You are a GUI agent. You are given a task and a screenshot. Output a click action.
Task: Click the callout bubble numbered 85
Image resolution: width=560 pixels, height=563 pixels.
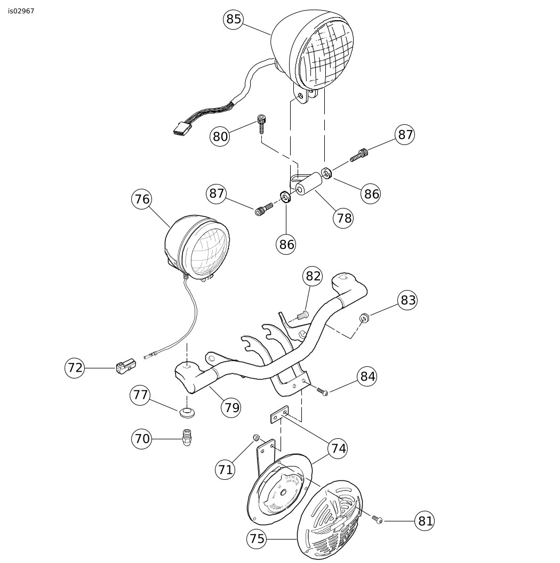pos(234,19)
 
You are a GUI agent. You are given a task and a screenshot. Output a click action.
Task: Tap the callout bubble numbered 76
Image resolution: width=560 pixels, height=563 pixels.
pos(142,199)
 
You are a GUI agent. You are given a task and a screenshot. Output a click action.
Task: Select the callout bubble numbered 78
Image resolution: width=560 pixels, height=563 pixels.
pos(343,218)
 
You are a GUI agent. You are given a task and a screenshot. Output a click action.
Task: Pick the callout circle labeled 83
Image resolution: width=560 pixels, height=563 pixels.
pos(407,300)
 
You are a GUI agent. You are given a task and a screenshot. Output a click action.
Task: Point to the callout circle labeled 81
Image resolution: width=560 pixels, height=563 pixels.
pos(425,521)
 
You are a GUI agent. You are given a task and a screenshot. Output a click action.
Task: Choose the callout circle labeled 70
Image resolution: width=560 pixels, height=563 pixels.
pos(142,439)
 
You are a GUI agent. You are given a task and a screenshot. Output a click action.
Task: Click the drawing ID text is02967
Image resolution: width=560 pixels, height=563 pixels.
pos(21,11)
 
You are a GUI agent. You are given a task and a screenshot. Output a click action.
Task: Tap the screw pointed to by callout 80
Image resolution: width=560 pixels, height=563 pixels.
pos(261,124)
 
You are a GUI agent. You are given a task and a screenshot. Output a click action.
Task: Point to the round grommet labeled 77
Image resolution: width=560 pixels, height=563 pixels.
pos(187,412)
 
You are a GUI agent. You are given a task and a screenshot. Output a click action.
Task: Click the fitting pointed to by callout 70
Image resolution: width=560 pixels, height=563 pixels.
pos(187,437)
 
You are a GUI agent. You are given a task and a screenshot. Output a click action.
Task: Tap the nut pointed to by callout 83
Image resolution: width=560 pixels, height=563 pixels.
pos(364,318)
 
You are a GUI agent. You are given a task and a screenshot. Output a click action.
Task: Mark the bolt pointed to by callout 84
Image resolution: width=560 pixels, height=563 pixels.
pos(322,391)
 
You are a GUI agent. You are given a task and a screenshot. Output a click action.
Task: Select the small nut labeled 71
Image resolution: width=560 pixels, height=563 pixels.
pos(256,437)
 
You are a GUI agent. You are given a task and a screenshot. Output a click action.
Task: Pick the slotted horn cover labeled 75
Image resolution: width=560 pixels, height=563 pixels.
pos(330,520)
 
